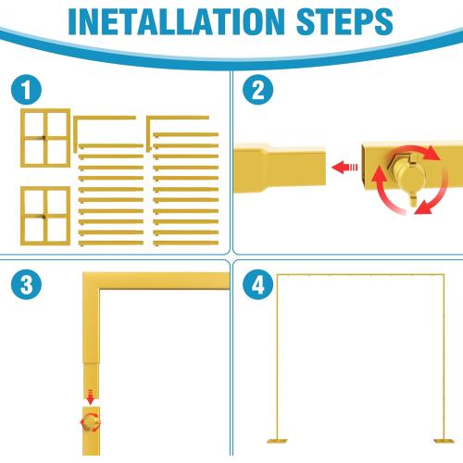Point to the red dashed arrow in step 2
(346, 168)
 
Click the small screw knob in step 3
(91, 422)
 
